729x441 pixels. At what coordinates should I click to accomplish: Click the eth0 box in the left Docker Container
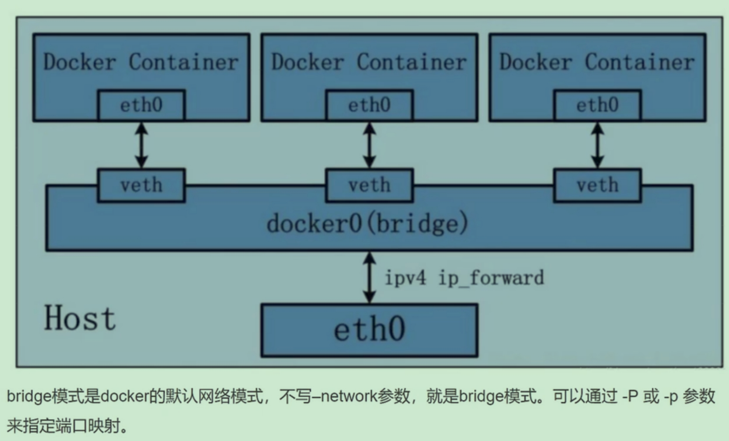pos(141,105)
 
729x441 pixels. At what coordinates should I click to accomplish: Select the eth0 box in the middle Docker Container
pos(369,105)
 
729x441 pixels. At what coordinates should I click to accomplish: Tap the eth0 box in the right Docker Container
pos(597,105)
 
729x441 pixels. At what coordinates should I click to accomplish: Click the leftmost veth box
pos(141,185)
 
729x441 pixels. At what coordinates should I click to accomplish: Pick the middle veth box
pos(369,185)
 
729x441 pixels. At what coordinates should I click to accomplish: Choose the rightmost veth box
pos(597,185)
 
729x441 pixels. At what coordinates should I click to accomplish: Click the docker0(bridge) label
pos(367,224)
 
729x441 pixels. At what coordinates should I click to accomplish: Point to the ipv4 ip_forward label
pos(464,278)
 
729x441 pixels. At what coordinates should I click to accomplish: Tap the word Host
pos(80,318)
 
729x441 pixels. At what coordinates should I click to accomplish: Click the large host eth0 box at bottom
pos(369,330)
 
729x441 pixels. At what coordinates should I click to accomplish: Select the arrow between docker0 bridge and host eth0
pos(369,277)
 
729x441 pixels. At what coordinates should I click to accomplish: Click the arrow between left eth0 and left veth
pos(141,145)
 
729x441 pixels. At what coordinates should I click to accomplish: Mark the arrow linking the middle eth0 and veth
pos(369,145)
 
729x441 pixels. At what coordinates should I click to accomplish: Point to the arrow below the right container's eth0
pos(597,145)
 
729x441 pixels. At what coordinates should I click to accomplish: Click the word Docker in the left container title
pos(79,62)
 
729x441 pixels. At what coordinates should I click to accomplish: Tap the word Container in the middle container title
pos(411,62)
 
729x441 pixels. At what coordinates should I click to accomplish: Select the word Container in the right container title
pos(639,62)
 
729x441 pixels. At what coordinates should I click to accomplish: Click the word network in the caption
pos(349,397)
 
